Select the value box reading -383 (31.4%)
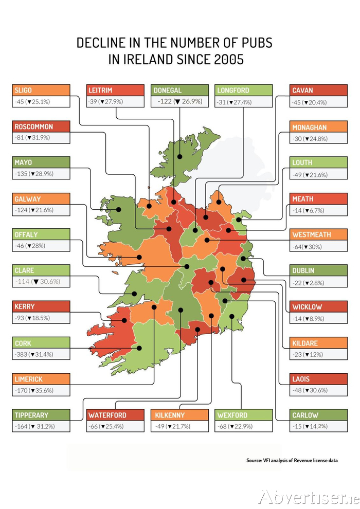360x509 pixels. tap(41, 354)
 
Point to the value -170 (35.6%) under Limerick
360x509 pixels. tap(41, 390)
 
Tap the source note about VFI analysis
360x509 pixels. tap(292, 460)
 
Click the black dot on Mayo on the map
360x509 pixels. tap(119, 209)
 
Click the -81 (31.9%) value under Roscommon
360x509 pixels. tap(41, 138)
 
